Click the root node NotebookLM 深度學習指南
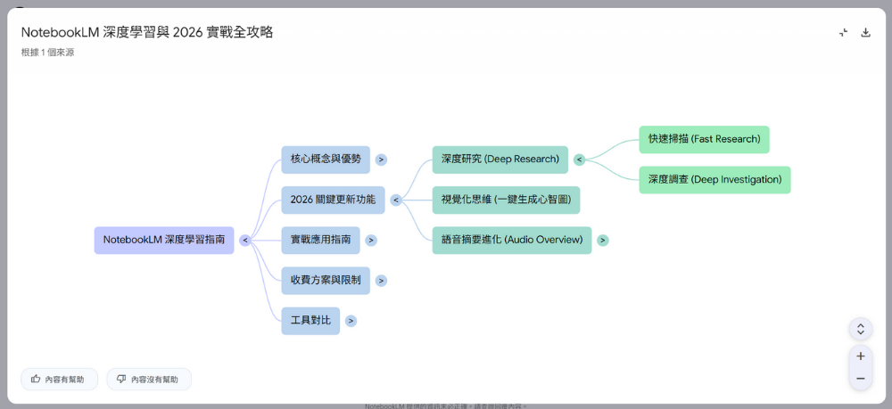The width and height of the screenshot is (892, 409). pos(164,240)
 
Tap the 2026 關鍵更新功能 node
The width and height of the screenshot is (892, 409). pos(333,200)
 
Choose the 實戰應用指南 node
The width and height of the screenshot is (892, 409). pos(320,240)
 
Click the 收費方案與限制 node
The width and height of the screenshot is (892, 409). pos(326,280)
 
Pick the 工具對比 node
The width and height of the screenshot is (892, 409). pos(310,320)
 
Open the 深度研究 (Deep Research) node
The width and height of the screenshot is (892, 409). pos(500,160)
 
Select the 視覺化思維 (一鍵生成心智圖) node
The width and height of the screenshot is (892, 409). pos(506,200)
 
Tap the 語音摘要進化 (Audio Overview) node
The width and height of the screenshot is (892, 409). pos(511,240)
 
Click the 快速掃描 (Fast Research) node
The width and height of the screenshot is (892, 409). pos(704,139)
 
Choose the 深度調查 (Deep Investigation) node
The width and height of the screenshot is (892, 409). pos(714,179)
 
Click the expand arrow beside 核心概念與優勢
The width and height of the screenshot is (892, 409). pos(381,160)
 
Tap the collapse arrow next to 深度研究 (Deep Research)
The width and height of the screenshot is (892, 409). pos(579,160)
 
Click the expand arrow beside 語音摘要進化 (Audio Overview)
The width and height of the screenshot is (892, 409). pos(603,240)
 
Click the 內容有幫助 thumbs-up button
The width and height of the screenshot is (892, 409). pos(58,379)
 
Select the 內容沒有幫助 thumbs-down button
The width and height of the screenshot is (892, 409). pos(148,379)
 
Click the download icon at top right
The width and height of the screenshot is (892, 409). pos(865,33)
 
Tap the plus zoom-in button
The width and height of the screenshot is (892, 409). pos(860,356)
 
